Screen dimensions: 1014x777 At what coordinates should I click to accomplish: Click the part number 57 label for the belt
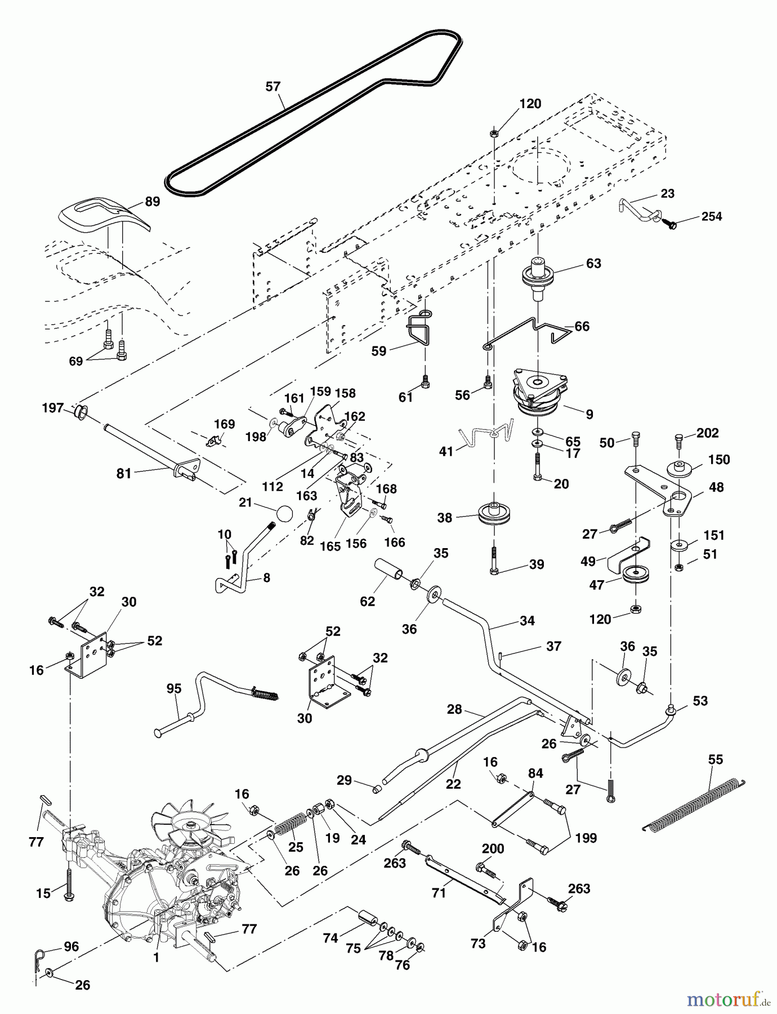[273, 87]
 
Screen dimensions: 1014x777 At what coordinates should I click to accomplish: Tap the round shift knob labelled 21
[284, 514]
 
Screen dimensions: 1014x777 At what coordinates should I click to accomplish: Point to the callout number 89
[153, 202]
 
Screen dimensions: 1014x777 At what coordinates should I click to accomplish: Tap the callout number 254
[712, 216]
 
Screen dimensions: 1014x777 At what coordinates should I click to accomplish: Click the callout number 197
[53, 408]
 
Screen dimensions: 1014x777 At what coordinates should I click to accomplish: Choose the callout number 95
[174, 688]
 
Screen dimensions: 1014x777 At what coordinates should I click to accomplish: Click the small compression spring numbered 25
[291, 826]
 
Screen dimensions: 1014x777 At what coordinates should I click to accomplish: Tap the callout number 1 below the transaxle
[157, 958]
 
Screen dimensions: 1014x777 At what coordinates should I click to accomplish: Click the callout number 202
[708, 433]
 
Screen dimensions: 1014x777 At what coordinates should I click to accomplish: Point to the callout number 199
[586, 838]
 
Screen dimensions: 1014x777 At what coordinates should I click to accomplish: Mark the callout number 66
[582, 326]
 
